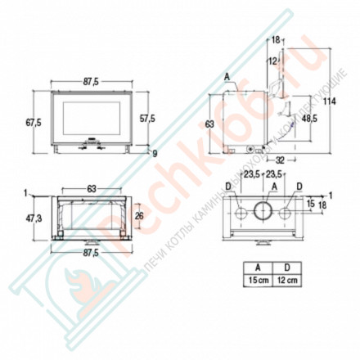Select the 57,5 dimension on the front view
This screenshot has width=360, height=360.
[147, 118]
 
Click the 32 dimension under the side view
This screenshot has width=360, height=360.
[279, 161]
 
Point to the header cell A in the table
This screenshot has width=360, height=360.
[259, 266]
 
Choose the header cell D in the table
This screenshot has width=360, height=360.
[286, 266]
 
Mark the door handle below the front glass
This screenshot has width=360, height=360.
[91, 147]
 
